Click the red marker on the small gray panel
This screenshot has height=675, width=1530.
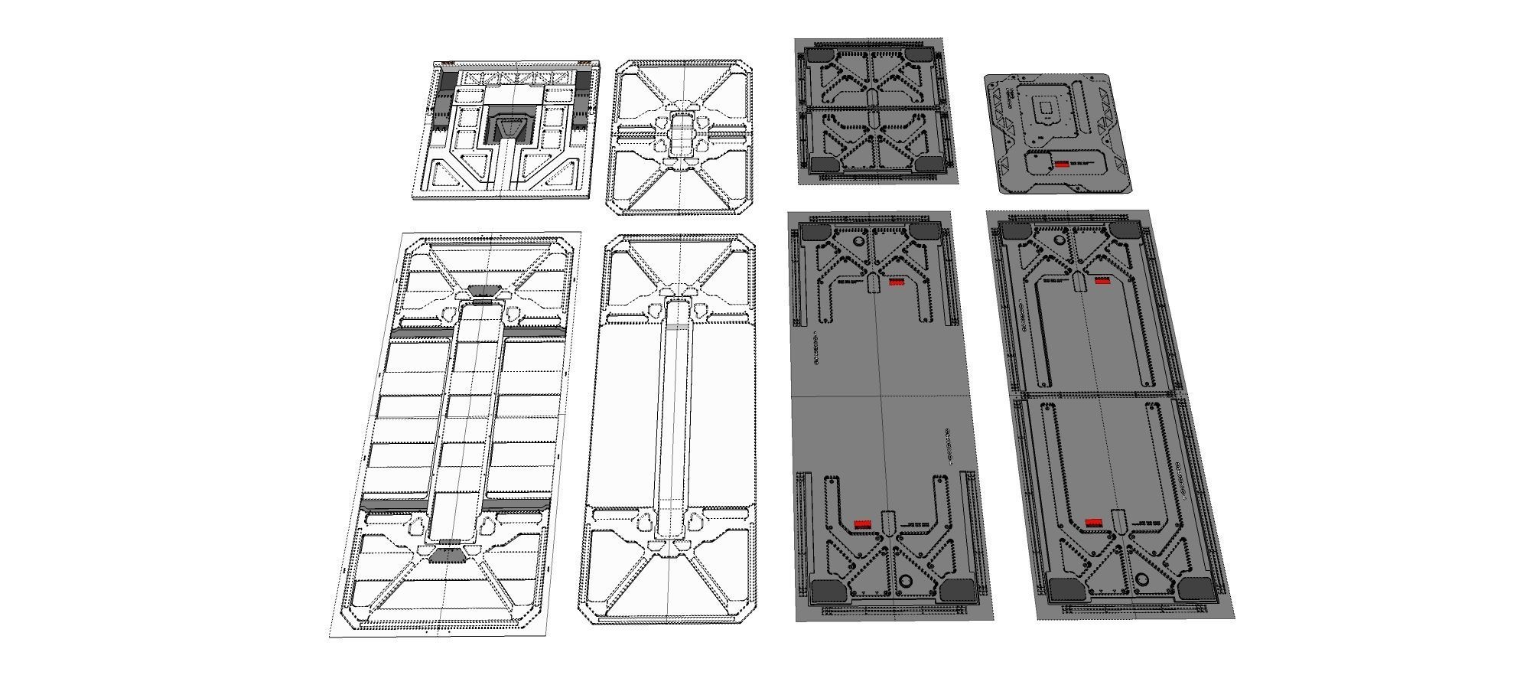tap(1062, 164)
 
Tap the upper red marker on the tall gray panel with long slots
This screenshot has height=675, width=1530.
tap(1102, 281)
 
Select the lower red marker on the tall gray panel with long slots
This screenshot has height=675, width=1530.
tap(1094, 523)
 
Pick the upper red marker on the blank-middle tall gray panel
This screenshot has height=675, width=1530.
tap(897, 282)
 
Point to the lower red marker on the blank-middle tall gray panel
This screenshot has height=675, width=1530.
tap(862, 523)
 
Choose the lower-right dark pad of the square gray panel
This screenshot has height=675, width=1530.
tap(929, 164)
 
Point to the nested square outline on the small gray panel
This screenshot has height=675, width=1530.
tap(1043, 109)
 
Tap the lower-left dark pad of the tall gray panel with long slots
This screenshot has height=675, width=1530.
tap(1064, 589)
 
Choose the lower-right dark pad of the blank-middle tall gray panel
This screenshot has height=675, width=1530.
tap(955, 589)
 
